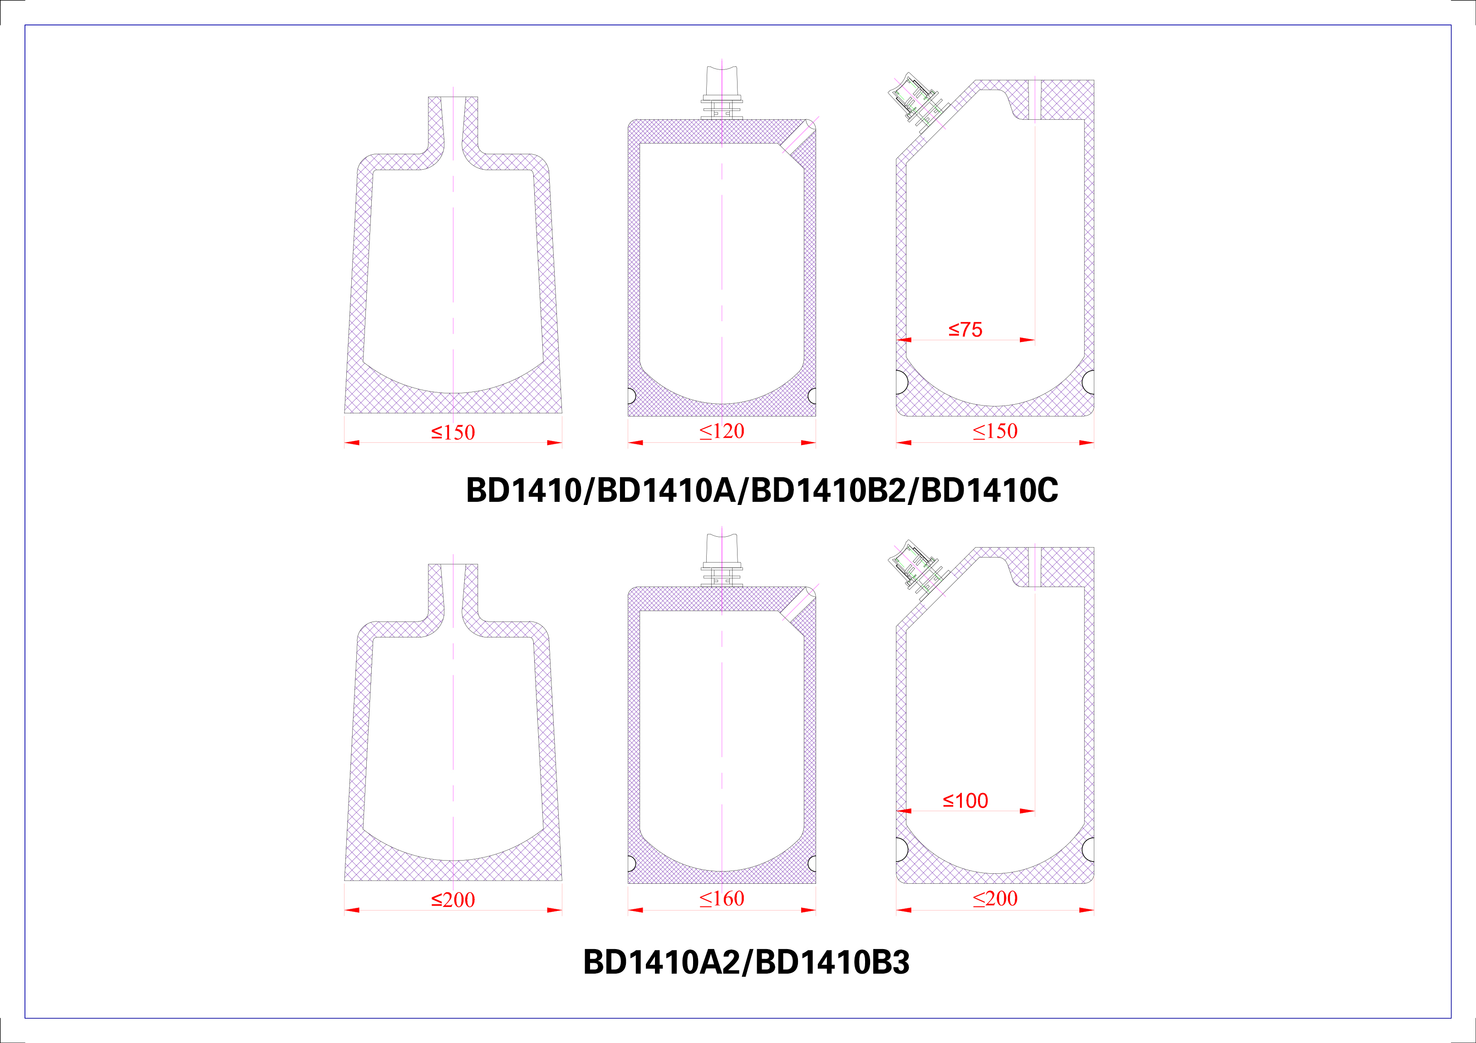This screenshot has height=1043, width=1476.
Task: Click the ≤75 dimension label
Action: pos(965,330)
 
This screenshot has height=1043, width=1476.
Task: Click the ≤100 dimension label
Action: pos(965,801)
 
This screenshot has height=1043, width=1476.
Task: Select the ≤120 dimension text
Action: pos(722,431)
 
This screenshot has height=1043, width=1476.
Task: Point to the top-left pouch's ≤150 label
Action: pos(453,432)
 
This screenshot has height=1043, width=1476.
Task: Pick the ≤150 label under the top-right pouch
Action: pos(995,431)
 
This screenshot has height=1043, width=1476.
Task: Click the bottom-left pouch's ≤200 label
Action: pos(453,900)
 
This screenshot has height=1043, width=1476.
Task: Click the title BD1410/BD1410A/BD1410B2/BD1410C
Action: pos(762,490)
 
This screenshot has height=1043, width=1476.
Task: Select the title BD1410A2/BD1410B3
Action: pos(746,962)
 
